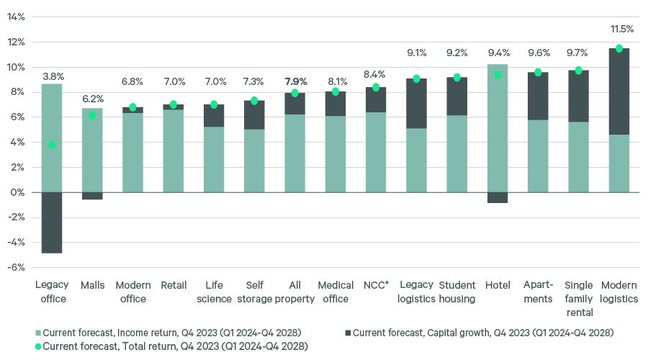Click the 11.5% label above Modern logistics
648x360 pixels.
tap(621, 30)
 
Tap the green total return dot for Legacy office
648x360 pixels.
tap(52, 145)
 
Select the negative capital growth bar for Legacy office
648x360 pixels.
tap(52, 222)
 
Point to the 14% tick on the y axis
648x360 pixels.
tap(15, 17)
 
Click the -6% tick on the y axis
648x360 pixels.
tap(15, 267)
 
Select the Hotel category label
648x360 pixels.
tap(498, 286)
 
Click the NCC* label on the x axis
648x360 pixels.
tap(376, 286)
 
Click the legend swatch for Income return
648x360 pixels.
tap(37, 333)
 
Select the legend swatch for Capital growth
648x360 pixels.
tap(348, 333)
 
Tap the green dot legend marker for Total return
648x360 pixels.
tap(37, 346)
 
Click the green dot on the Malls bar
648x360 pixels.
tap(92, 115)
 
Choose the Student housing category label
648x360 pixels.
tap(457, 292)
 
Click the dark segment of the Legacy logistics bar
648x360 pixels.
tap(417, 104)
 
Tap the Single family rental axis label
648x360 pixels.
tap(579, 299)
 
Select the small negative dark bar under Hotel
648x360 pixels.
tap(498, 197)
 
